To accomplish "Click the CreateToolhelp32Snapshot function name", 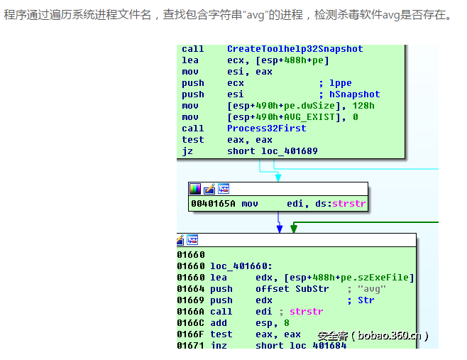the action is click(295, 49).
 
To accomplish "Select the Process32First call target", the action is click(267, 129).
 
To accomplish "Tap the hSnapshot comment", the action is click(354, 94).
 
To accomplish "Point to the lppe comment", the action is click(341, 83).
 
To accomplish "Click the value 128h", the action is click(363, 106).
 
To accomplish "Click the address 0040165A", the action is click(213, 204).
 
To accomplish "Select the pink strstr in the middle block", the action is click(348, 204).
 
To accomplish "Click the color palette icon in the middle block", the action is click(195, 189).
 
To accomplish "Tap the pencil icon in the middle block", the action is click(209, 189).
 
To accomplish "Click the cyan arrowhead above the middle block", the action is click(278, 178).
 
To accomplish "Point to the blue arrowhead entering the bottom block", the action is click(280, 229).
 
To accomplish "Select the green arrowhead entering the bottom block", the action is click(294, 229).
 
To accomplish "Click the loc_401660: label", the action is click(241, 266).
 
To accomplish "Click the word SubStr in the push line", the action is click(312, 289).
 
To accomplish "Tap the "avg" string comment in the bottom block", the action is click(372, 289).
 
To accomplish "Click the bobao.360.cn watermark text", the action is click(390, 336).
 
